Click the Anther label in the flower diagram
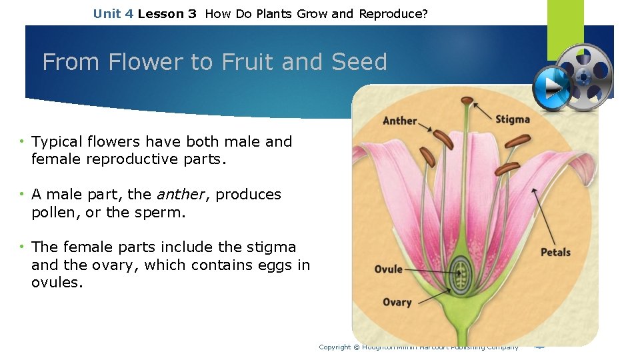tap(399, 121)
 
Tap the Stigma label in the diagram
tap(513, 119)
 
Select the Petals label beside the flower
tap(555, 252)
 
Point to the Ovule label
tap(389, 269)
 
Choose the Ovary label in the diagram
tap(397, 302)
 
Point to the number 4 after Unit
tap(129, 13)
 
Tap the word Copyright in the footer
tap(335, 347)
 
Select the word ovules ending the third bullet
tap(57, 283)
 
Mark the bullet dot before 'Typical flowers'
tap(23, 141)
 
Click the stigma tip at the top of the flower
tap(468, 101)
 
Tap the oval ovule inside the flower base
tap(459, 271)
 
